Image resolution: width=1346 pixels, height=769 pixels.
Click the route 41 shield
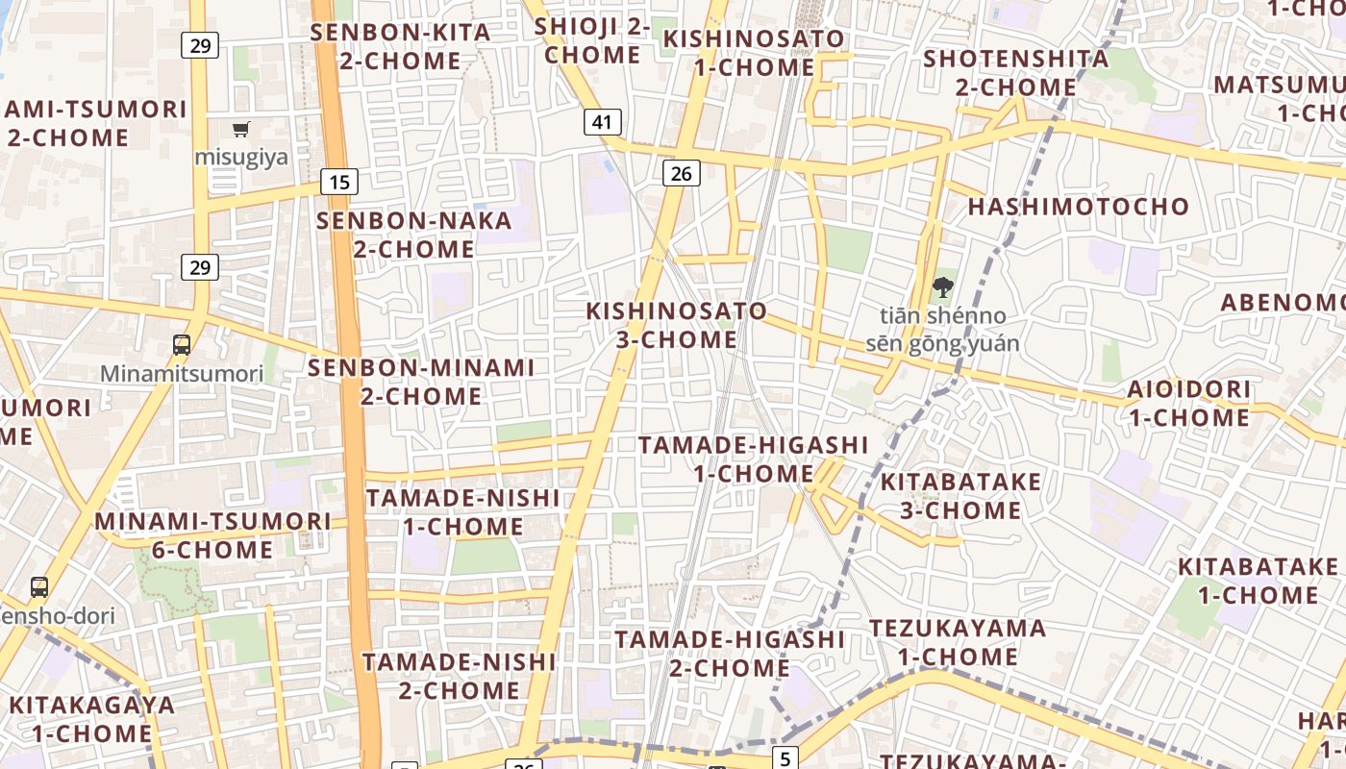pos(602,122)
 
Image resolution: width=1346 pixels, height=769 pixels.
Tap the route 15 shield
pos(338,182)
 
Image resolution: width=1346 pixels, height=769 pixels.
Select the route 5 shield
pos(785,758)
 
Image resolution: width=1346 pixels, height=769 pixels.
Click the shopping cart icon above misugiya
pos(240,129)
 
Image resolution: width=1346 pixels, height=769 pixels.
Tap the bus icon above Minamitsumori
pos(181,344)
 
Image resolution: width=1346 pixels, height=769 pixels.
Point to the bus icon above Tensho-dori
pos(39,586)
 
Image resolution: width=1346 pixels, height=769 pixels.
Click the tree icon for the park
pos(942,285)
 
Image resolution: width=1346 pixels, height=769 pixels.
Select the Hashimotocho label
pos(1078,207)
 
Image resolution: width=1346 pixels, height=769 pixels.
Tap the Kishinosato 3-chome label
pos(677,325)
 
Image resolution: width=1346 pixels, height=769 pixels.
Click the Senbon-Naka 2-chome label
pos(414,235)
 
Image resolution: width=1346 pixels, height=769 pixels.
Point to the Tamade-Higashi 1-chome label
pos(753,459)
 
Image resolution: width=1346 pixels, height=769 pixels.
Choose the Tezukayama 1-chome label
pos(958,642)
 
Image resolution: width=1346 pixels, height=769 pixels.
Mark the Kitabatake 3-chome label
pos(960,495)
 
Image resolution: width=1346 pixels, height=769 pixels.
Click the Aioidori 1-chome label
pos(1189,403)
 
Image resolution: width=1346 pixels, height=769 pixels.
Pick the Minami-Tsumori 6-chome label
pos(212,535)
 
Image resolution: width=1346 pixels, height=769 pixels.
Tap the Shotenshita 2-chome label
pos(1015,72)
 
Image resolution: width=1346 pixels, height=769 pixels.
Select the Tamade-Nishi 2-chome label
pos(459,676)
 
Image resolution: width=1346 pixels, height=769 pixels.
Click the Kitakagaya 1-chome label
pos(91,719)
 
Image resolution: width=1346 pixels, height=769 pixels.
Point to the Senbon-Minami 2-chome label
pos(421,382)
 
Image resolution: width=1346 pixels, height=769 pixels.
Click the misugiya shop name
pos(241,157)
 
